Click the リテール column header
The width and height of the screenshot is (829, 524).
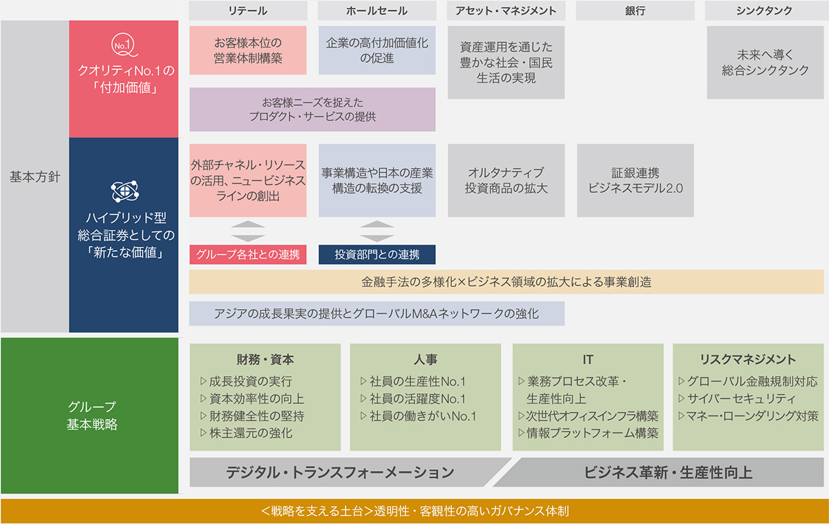[x=248, y=11]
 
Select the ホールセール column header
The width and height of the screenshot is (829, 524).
[x=377, y=11]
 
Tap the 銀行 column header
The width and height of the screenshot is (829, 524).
[x=635, y=11]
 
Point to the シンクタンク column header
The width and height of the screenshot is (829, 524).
[x=764, y=11]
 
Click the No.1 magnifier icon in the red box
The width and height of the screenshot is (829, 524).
[x=124, y=46]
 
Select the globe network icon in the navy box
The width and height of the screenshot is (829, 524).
[x=125, y=191]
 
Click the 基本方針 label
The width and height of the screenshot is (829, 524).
[x=35, y=177]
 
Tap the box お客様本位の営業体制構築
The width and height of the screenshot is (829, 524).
[x=248, y=50]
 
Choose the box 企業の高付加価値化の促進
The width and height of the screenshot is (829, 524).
[x=377, y=50]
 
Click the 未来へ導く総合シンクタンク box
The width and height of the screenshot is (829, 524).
[x=765, y=62]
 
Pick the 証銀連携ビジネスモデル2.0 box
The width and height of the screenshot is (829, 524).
[x=635, y=180]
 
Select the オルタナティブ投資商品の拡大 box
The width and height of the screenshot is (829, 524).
[x=506, y=180]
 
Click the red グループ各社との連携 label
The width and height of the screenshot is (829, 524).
[x=248, y=254]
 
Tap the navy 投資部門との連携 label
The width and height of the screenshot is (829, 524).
[x=377, y=254]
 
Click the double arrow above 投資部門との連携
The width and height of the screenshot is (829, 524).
[x=377, y=231]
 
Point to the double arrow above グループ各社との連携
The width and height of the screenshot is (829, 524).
[x=248, y=231]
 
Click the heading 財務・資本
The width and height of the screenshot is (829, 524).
[x=265, y=359]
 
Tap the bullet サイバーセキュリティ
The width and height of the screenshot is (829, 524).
[x=736, y=398]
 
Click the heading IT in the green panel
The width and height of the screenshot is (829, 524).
[x=588, y=359]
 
